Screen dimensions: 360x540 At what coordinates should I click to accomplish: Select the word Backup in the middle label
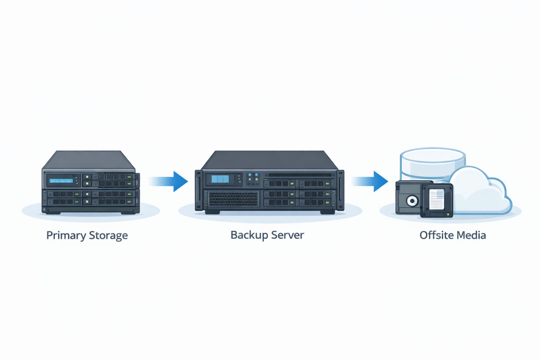point(248,235)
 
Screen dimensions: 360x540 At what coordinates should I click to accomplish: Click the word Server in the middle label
point(287,235)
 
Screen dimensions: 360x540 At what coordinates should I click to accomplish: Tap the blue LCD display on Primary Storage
point(61,181)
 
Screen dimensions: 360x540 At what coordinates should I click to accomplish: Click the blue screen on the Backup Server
point(222,179)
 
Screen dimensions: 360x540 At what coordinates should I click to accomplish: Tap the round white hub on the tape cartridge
point(411,201)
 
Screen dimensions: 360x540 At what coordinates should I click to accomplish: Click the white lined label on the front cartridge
point(436,199)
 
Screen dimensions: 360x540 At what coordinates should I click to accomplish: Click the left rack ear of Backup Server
point(198,190)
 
